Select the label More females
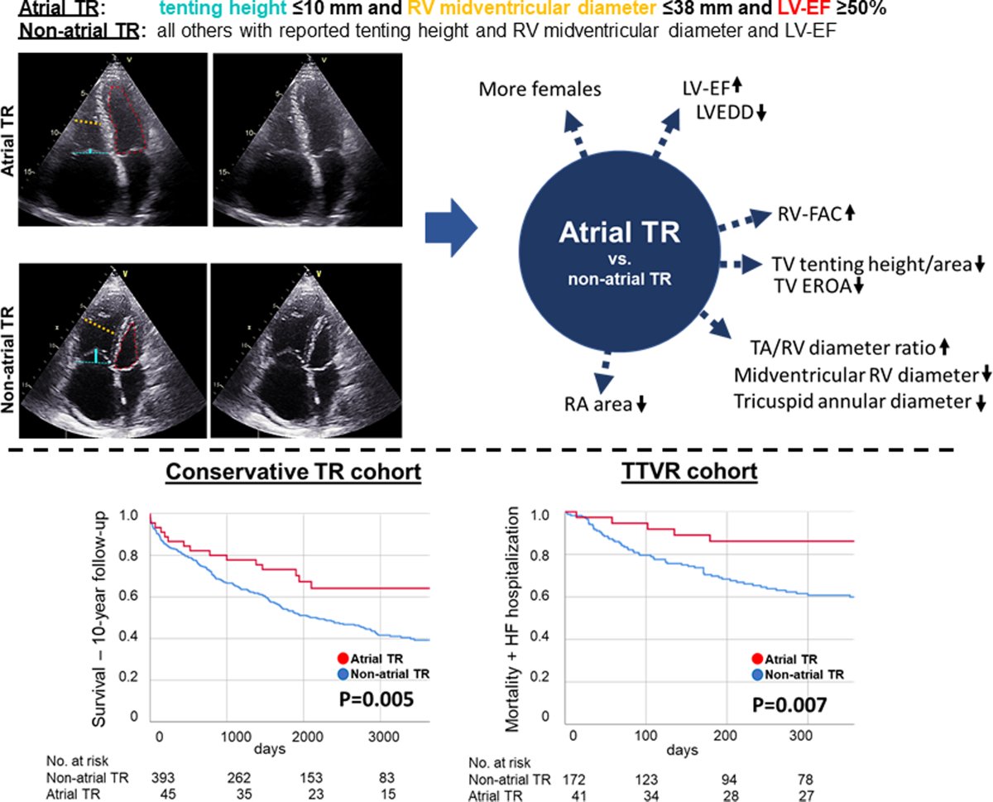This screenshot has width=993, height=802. click(x=540, y=88)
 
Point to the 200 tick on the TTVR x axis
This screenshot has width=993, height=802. click(x=724, y=736)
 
